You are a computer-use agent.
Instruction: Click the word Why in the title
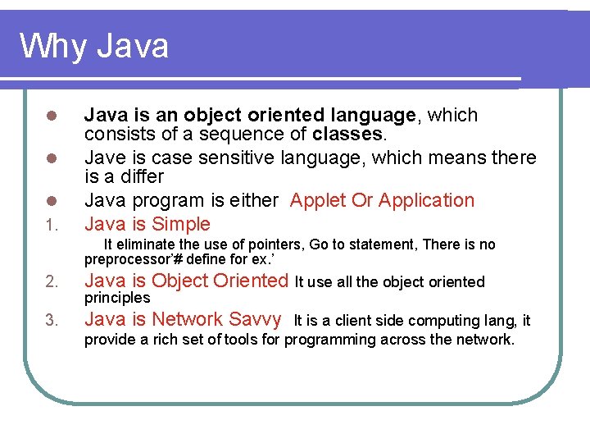tap(53, 46)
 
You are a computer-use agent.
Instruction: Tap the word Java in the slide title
tap(132, 46)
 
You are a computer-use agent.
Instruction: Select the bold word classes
tap(347, 133)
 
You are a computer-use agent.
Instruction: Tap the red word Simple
tap(180, 224)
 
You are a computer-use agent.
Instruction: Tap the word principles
tap(117, 297)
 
